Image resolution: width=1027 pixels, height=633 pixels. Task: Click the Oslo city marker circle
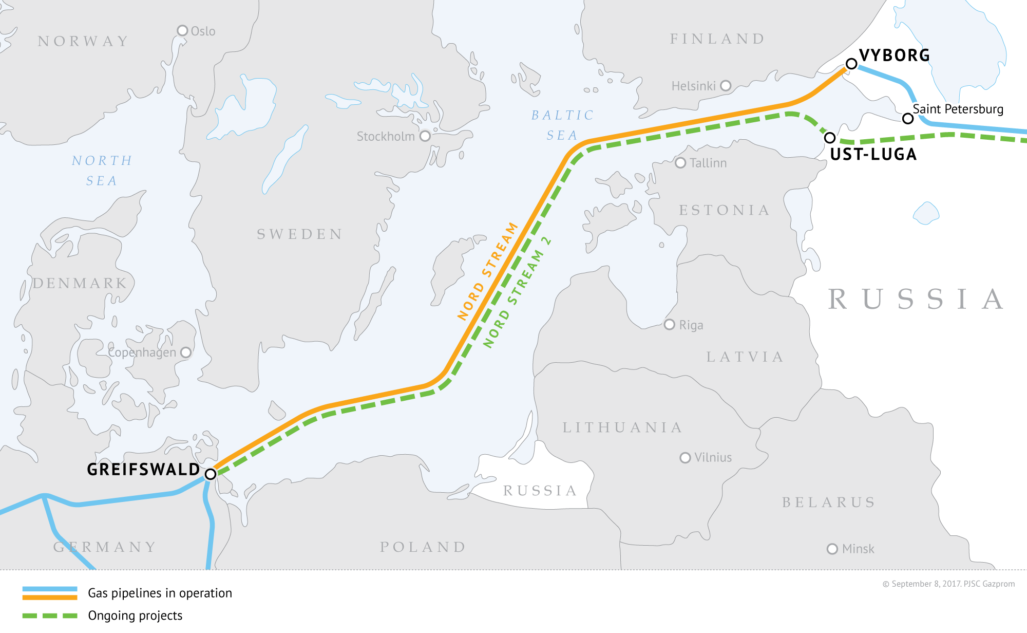point(182,31)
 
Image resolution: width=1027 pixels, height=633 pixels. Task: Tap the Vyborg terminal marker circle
point(851,64)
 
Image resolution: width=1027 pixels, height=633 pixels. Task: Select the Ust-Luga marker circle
point(830,138)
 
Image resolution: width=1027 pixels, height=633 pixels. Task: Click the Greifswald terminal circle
point(211,474)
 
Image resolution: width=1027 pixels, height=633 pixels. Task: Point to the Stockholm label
point(386,137)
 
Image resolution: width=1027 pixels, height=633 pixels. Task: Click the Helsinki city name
point(693,86)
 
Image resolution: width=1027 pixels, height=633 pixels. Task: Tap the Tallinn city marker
point(680,163)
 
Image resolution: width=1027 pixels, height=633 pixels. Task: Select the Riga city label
point(691,325)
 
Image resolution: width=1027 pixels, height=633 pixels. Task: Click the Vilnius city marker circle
point(685,457)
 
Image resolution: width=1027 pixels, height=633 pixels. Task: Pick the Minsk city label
point(858,549)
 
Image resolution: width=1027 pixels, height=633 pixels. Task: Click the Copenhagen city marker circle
point(186,352)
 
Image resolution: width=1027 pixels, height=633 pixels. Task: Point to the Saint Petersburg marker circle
point(908,119)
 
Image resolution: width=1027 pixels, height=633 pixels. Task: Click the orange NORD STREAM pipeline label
point(487,271)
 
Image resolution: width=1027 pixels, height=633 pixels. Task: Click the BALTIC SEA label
point(562,125)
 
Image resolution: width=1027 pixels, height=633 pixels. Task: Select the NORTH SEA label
point(102,171)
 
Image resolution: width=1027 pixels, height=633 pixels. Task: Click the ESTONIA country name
point(724,210)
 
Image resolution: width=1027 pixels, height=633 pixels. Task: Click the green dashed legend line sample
point(50,616)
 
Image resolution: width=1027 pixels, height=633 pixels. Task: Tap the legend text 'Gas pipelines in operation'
point(160,593)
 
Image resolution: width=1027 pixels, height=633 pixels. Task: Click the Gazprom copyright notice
point(948,584)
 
